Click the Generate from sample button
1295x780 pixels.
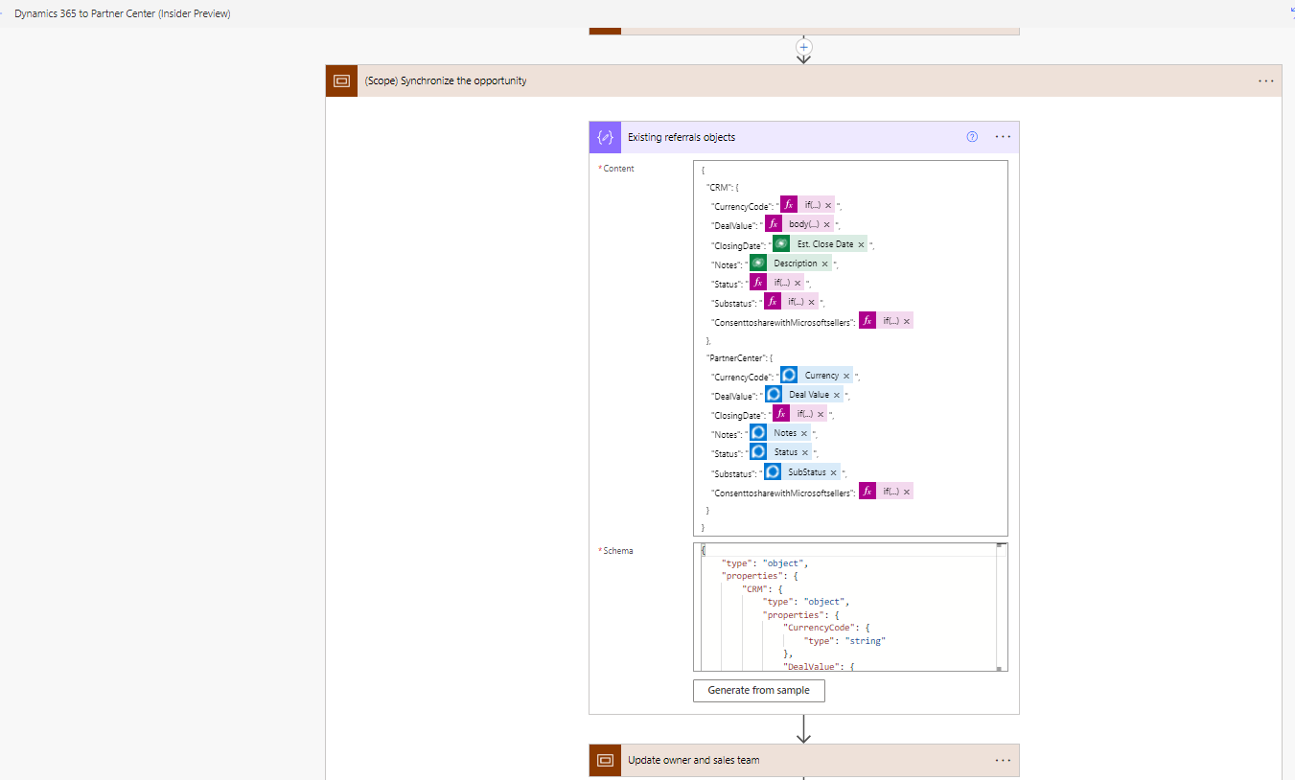pos(758,690)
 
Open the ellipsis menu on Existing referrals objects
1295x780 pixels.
pos(1003,137)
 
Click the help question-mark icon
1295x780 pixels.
pos(972,137)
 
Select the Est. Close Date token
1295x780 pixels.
pos(824,244)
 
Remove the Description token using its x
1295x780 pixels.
pos(824,264)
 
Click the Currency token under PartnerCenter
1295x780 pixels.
pos(821,376)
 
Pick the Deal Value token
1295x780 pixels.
pos(809,395)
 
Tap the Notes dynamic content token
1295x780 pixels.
pos(785,433)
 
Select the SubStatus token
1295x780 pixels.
pos(806,472)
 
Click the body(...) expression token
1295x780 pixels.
pos(803,224)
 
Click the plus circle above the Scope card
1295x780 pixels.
pos(804,46)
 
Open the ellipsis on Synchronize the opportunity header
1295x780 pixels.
pos(1266,81)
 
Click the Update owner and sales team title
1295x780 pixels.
pos(693,760)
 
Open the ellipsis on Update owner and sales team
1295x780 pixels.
pos(1003,760)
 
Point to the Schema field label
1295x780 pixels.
pos(617,551)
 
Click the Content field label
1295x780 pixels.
pos(618,169)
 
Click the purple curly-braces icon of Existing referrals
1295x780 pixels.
pos(605,137)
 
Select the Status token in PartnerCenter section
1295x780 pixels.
pos(785,452)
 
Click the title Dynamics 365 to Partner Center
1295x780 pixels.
pos(122,13)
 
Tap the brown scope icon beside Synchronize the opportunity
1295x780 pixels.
pos(341,81)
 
